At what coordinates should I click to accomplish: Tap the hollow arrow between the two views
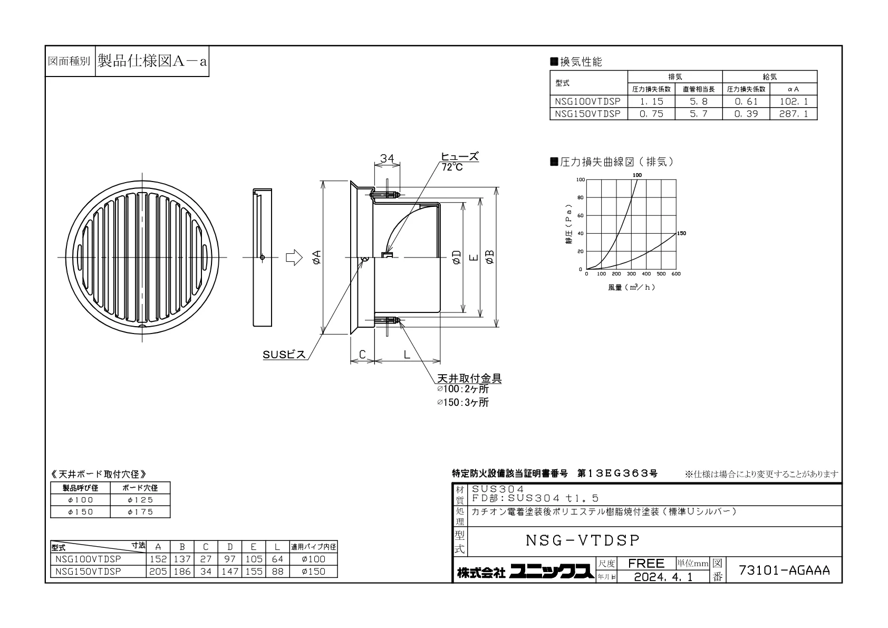pos(294,258)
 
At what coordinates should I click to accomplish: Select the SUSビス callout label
pos(284,354)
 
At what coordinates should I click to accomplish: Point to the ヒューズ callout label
pos(460,156)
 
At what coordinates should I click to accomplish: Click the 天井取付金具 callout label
pos(469,378)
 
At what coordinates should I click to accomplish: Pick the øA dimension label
pos(317,257)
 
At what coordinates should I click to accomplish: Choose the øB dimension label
pos(489,257)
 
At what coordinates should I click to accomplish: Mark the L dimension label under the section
pos(407,354)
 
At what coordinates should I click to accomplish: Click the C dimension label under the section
pos(362,354)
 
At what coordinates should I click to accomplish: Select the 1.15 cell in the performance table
pos(651,101)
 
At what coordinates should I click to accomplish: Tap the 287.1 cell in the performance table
pos(793,114)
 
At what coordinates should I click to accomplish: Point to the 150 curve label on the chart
pos(681,233)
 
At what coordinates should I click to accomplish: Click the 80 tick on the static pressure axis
pos(581,197)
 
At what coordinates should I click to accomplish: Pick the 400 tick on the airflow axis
pos(646,274)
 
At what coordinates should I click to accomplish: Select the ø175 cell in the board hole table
pos(140,512)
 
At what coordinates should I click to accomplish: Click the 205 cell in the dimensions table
pos(158,572)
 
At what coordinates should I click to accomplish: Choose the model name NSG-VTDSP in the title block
pos(583,540)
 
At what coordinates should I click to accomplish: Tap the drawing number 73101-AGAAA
pos(784,570)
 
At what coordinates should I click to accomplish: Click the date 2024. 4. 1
pos(663,577)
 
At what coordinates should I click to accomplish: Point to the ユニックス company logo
pos(552,572)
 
